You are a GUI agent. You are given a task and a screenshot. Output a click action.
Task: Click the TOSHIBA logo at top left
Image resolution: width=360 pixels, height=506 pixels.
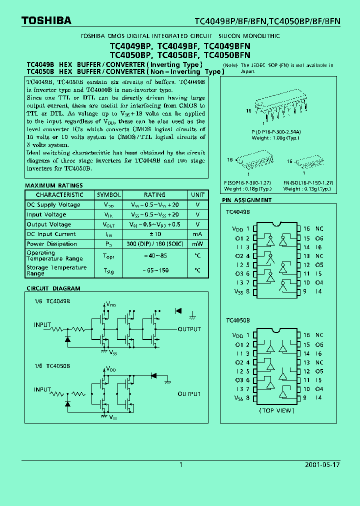coord(46,20)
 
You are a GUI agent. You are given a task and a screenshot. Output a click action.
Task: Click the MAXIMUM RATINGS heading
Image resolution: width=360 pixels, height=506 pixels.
coord(54,185)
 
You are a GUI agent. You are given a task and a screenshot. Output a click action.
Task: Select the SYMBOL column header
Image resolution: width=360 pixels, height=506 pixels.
coord(108,195)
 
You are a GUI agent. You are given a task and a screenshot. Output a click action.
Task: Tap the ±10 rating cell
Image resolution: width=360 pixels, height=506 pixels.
coord(154,234)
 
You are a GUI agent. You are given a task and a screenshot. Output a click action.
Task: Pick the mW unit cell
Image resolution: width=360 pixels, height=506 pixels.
coord(197,244)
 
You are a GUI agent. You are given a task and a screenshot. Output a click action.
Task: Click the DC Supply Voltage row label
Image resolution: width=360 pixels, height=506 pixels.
coord(53,205)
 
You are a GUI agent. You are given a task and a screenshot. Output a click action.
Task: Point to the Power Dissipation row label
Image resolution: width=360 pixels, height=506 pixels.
coord(52,244)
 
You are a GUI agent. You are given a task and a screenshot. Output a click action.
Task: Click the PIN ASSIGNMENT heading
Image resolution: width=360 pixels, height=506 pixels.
coord(247,200)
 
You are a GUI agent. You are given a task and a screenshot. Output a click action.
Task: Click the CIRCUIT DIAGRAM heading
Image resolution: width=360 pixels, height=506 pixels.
coord(53,288)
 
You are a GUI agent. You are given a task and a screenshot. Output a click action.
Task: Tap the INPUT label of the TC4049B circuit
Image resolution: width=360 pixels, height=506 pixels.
coord(42,325)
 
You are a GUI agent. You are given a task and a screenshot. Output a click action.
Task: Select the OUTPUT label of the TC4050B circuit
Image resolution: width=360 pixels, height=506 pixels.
coord(189,394)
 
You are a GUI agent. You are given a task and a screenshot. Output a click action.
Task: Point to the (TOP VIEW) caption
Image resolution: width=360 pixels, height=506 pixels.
coord(276,410)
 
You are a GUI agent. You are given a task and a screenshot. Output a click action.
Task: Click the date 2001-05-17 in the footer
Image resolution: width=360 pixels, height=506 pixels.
coord(322,465)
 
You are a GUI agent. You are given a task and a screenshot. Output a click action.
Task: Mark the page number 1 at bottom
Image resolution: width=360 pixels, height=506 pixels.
coord(180,465)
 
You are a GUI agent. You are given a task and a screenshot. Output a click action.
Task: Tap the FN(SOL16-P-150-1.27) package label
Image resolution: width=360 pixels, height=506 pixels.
coord(308,183)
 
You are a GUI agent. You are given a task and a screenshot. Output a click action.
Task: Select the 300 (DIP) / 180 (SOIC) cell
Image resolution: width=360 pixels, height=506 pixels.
coord(154,244)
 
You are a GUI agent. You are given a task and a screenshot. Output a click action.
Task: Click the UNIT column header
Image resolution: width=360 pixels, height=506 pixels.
coord(197,195)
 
